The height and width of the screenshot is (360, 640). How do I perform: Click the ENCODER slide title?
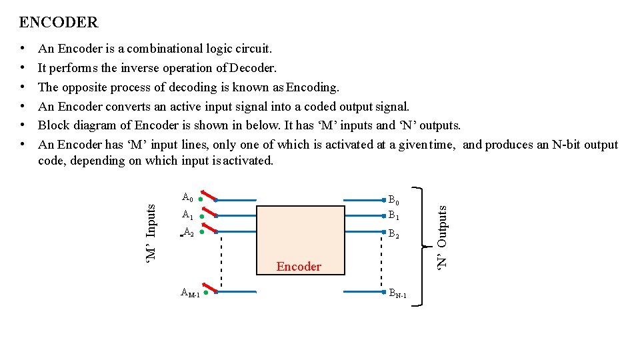[x=59, y=23]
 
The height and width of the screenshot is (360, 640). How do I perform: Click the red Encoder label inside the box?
[x=299, y=267]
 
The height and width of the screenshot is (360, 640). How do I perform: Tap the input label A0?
[x=187, y=197]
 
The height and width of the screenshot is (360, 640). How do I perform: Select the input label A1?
[x=187, y=215]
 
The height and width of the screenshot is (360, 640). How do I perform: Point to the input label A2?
[x=189, y=233]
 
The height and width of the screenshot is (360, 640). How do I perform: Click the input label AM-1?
[x=190, y=294]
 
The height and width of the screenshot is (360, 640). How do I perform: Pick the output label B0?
[x=394, y=200]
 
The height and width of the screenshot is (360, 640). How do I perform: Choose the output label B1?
[x=394, y=216]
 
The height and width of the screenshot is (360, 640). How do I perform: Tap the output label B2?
[x=394, y=234]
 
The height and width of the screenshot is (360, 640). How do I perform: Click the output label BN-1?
[x=397, y=295]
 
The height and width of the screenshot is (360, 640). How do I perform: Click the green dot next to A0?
[x=201, y=199]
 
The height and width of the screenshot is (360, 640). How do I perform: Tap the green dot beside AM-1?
[x=206, y=293]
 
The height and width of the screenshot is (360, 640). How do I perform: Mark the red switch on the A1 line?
[x=209, y=212]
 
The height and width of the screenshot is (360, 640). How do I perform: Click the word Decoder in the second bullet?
[x=253, y=68]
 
